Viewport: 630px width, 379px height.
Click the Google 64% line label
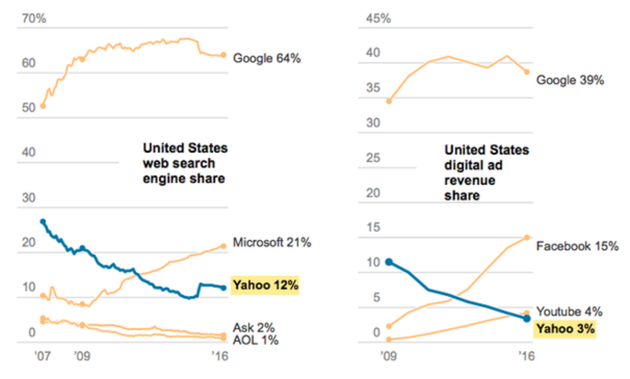tap(267, 58)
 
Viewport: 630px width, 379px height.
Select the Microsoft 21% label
tap(272, 242)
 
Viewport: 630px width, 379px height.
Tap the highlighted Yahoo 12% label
tap(266, 285)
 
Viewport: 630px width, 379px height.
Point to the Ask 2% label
tap(254, 328)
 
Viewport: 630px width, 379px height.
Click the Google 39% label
tap(570, 80)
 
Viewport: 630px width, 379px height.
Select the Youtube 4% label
tap(569, 312)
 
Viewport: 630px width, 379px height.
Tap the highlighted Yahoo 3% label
tap(566, 329)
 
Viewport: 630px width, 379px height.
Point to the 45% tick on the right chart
tap(378, 19)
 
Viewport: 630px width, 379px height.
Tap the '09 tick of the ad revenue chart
tap(387, 358)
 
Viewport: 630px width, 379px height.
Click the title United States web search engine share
tap(185, 163)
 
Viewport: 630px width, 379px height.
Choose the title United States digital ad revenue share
tap(487, 173)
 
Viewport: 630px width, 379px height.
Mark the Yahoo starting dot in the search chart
tap(43, 222)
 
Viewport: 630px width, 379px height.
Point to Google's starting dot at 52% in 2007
tap(43, 106)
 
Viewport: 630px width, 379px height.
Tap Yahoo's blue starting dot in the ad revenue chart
tap(388, 262)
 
